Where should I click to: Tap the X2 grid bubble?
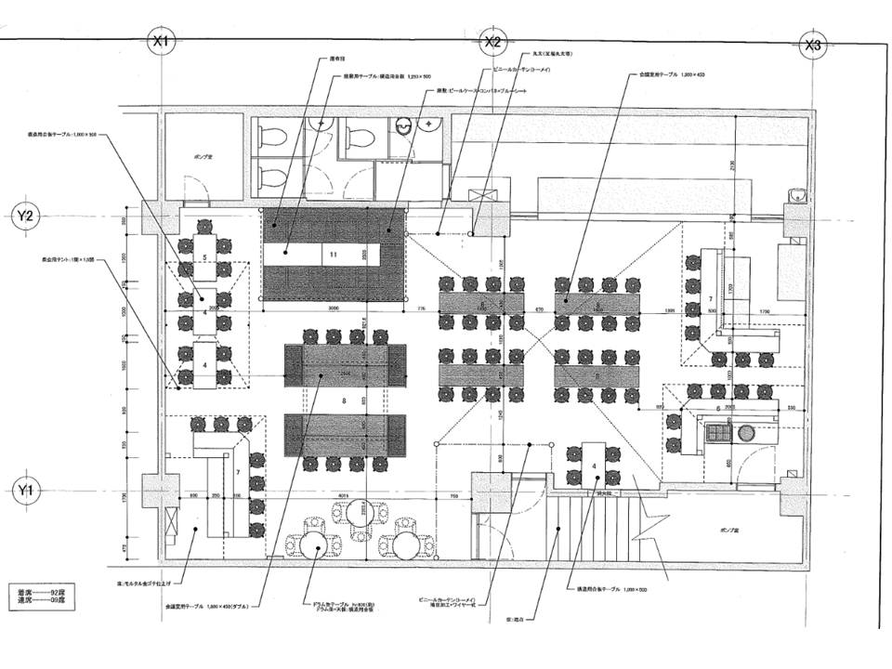[x=492, y=42]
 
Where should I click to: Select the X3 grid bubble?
[x=812, y=45]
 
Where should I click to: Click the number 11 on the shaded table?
[x=332, y=253]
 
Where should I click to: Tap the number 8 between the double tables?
[x=344, y=400]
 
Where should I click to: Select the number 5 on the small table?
[x=204, y=256]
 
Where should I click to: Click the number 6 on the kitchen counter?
[x=717, y=408]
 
